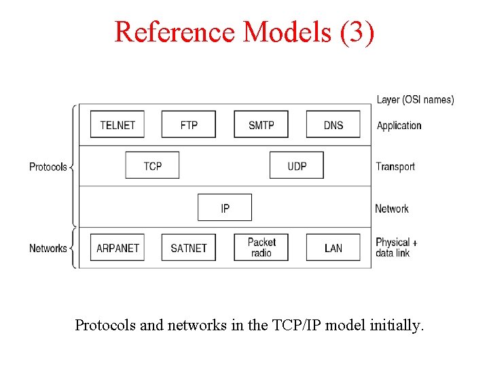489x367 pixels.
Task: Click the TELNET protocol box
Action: click(117, 124)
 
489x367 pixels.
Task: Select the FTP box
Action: click(189, 124)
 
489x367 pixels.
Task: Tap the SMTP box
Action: click(261, 124)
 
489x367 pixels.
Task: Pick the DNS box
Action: click(333, 124)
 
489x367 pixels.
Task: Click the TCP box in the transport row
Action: click(153, 166)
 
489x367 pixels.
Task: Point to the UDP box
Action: click(297, 166)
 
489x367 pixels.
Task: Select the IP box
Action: click(225, 208)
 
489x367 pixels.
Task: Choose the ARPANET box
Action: click(117, 248)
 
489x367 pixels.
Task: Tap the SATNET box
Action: click(189, 248)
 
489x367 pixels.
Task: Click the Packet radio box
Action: click(261, 247)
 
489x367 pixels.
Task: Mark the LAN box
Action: click(333, 248)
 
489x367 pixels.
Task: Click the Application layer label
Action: click(399, 125)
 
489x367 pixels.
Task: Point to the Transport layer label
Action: click(395, 167)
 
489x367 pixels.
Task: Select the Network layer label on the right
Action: click(392, 209)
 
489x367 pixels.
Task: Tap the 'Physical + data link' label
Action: click(396, 247)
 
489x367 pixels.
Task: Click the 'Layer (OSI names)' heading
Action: click(415, 100)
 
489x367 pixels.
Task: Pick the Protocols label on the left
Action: click(48, 167)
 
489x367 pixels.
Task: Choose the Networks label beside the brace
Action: click(48, 248)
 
